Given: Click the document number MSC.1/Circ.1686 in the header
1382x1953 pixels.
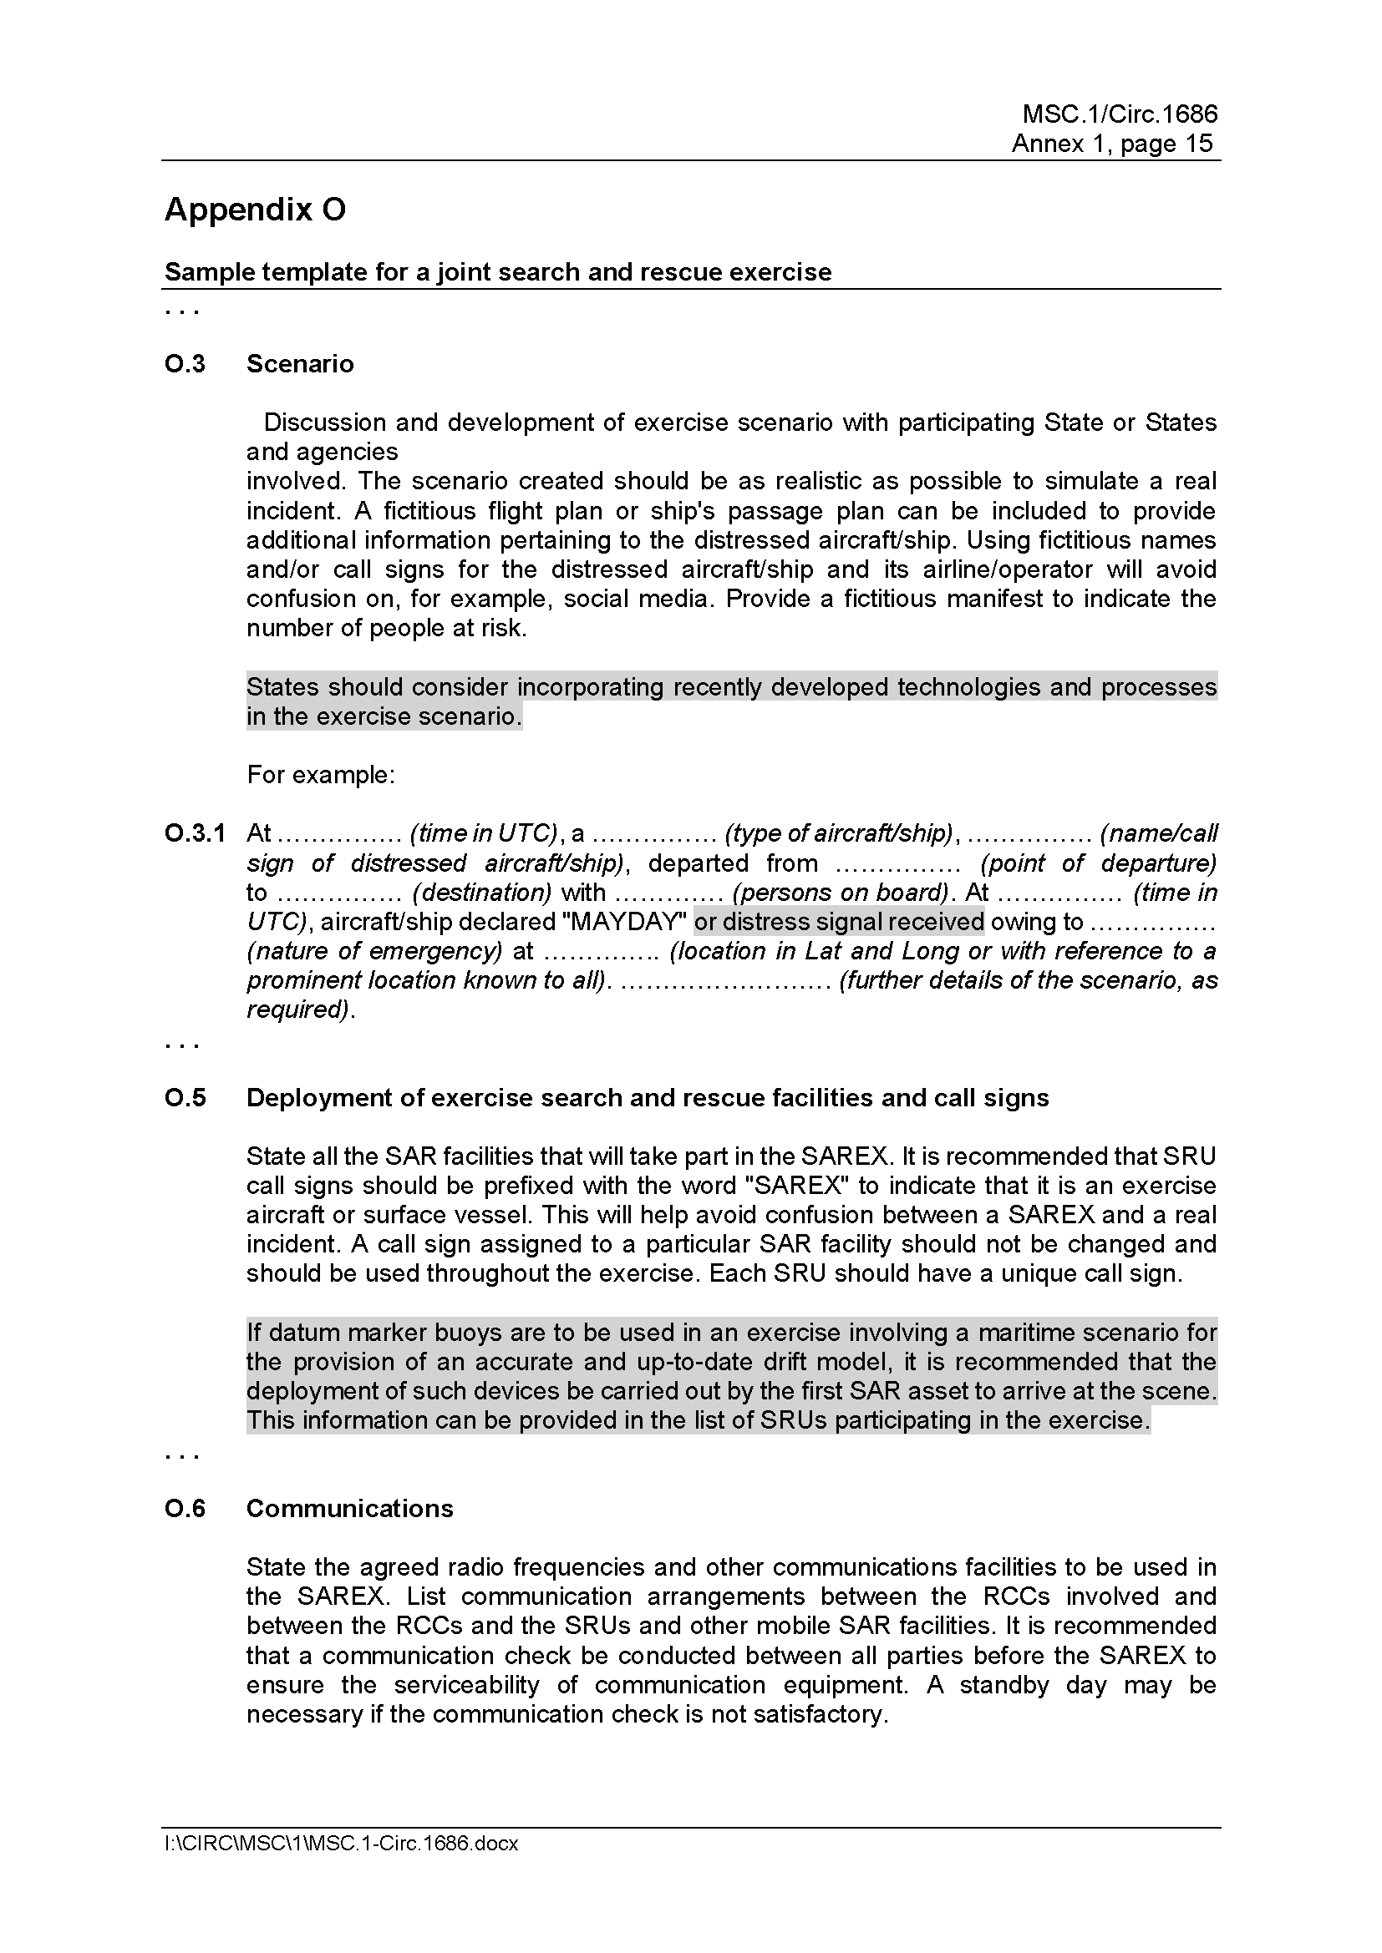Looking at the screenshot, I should pos(1119,114).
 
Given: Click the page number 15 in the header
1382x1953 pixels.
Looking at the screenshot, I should pos(1197,144).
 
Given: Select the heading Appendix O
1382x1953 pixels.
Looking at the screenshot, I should pos(255,210).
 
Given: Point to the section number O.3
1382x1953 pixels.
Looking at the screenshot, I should pos(185,364).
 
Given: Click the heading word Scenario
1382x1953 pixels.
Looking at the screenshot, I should pos(300,364).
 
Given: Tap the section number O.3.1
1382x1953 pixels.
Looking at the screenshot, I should pos(195,833).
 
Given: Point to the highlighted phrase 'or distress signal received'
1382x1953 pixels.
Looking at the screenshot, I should pos(838,922).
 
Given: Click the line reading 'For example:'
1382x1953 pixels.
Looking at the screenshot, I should pos(321,775).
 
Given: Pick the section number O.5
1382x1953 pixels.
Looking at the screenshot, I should pos(185,1098).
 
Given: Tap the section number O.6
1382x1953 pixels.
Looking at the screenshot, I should pos(185,1508).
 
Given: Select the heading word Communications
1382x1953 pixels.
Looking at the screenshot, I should pos(350,1508).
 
